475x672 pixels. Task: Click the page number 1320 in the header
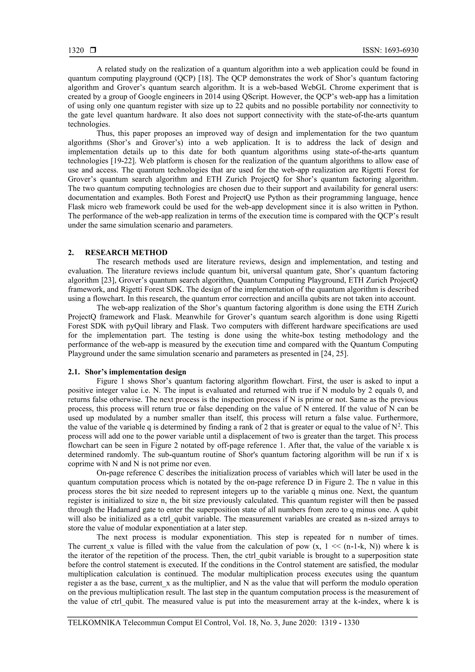tap(76, 51)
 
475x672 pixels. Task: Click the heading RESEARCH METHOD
tap(126, 253)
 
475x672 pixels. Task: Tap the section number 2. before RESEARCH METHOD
tap(71, 253)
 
